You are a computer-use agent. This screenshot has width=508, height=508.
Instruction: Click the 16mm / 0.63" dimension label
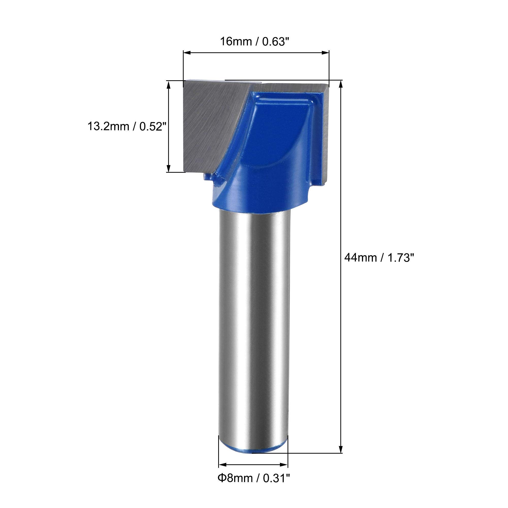coord(253,41)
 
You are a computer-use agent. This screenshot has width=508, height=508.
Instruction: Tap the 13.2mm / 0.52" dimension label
coord(127,126)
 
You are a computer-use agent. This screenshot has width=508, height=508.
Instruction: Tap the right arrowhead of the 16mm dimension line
coord(326,53)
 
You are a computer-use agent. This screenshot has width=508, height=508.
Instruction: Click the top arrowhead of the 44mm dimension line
coord(341,84)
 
